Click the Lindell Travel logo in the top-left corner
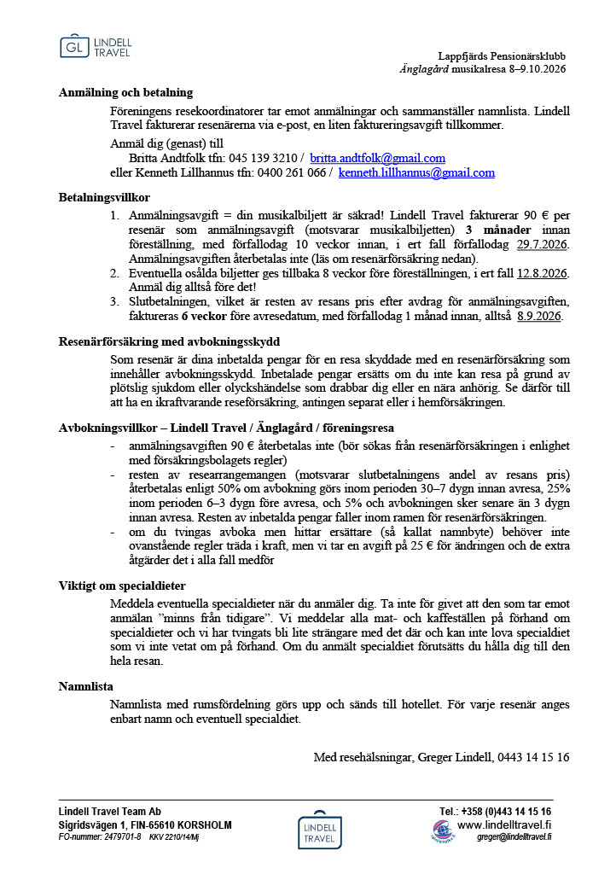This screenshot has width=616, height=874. click(96, 48)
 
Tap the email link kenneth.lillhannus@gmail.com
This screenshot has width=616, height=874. click(416, 172)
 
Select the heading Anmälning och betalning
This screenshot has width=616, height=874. click(125, 92)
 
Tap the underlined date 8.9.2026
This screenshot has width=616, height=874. click(539, 316)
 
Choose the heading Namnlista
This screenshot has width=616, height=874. click(85, 686)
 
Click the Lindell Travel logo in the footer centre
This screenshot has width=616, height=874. click(320, 830)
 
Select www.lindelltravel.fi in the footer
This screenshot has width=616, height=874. click(504, 824)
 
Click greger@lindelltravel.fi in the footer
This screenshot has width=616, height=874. click(514, 837)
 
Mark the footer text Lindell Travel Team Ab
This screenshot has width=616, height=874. click(109, 812)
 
